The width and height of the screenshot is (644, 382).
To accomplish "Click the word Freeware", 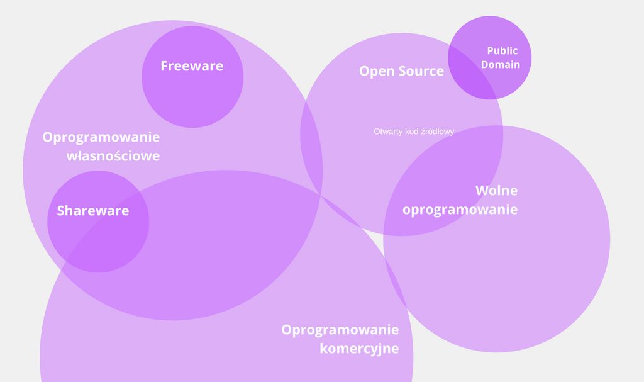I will pyautogui.click(x=192, y=66).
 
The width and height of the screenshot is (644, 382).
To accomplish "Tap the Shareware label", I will pyautogui.click(x=93, y=211).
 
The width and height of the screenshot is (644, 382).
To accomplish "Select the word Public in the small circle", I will pyautogui.click(x=502, y=51).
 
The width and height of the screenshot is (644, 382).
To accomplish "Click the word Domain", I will pyautogui.click(x=501, y=65).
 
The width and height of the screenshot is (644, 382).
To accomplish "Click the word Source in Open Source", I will pyautogui.click(x=421, y=71).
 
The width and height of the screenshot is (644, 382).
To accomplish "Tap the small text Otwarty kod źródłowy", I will pyautogui.click(x=414, y=132).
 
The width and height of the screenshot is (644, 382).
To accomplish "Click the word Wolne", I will pyautogui.click(x=496, y=191).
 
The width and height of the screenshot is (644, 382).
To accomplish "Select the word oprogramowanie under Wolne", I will pyautogui.click(x=460, y=210).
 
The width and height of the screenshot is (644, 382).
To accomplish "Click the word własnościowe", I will pyautogui.click(x=113, y=156).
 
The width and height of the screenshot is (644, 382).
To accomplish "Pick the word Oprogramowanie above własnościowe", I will pyautogui.click(x=101, y=137).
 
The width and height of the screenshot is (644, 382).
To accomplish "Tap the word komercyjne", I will pyautogui.click(x=359, y=349).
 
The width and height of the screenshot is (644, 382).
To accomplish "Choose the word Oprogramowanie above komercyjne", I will pyautogui.click(x=340, y=330).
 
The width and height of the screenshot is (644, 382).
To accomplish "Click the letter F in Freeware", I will pyautogui.click(x=165, y=66).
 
